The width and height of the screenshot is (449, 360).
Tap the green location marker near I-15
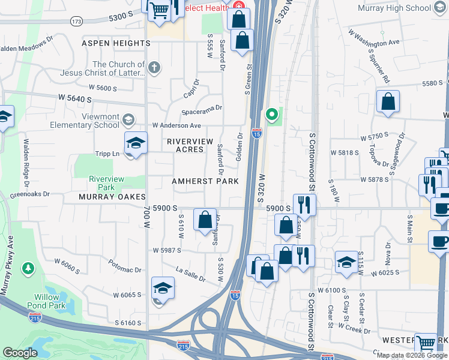(x=271, y=113)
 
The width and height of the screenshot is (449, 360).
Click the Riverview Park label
(x=106, y=183)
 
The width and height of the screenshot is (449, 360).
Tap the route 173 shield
(x=76, y=21)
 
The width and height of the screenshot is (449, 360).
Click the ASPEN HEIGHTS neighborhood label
(x=116, y=43)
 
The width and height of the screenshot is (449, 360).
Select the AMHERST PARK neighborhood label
(x=205, y=181)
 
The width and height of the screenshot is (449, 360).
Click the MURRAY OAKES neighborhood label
(x=112, y=197)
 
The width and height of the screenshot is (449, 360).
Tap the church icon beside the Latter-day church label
(x=155, y=67)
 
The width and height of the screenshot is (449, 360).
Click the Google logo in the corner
(x=20, y=353)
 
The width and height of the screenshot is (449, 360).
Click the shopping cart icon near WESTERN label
(x=426, y=343)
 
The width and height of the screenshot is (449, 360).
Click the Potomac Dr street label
(x=124, y=263)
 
